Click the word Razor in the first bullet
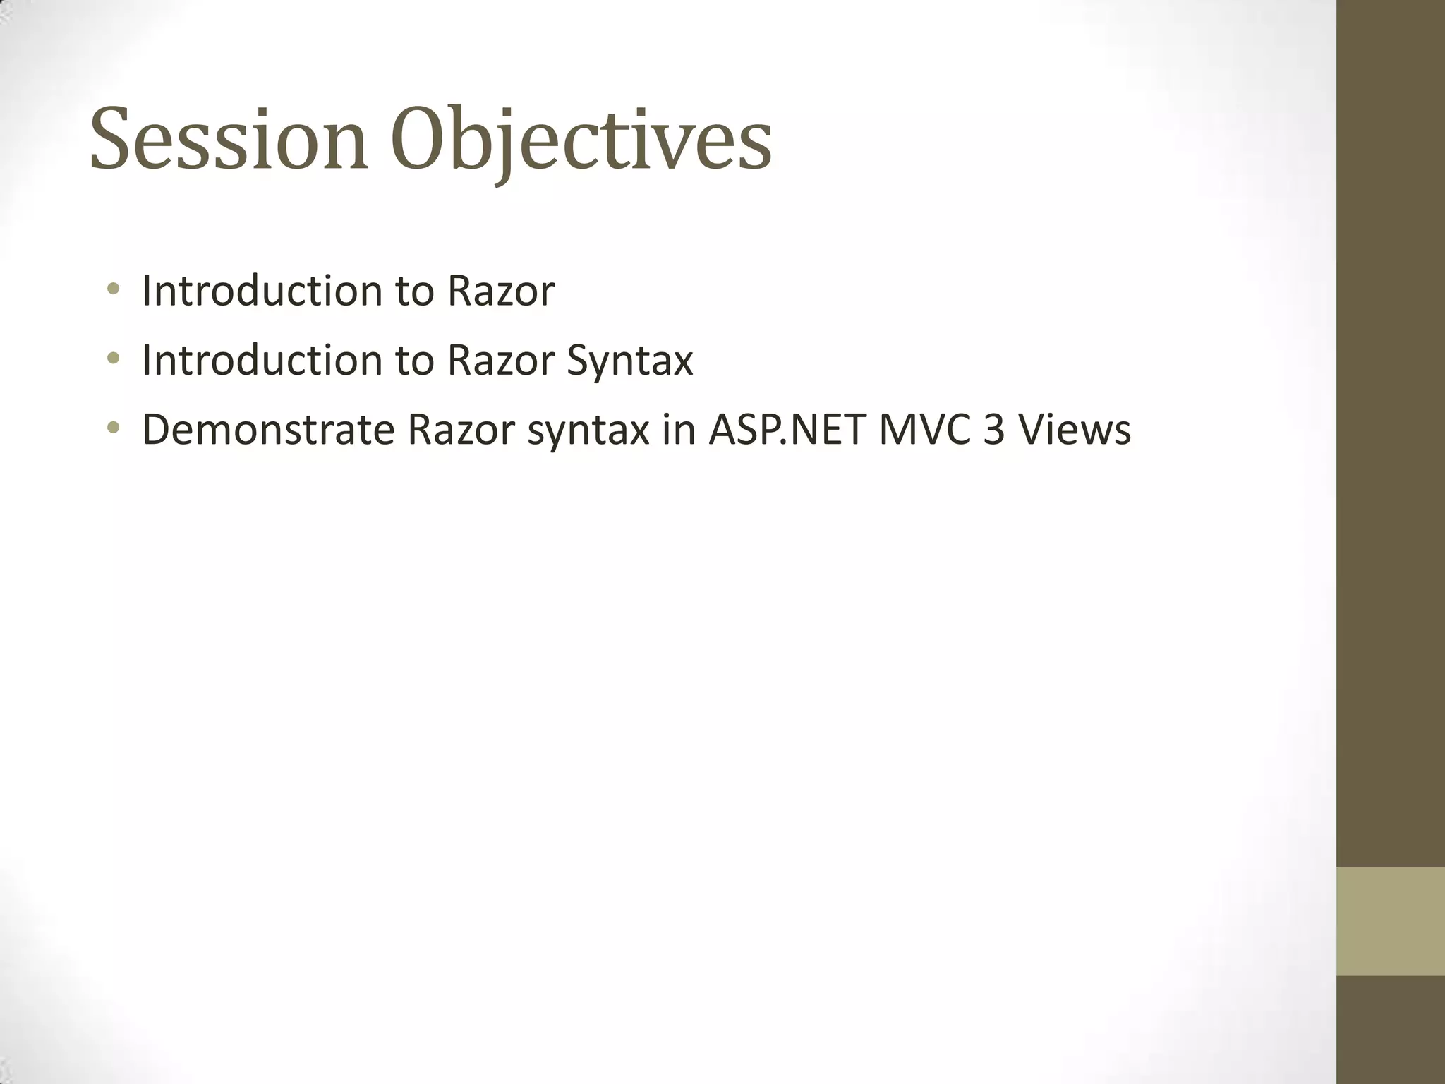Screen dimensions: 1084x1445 click(x=501, y=291)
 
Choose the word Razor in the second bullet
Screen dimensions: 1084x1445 click(x=501, y=360)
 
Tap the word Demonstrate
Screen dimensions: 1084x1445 click(x=268, y=430)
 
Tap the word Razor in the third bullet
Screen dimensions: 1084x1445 click(x=461, y=430)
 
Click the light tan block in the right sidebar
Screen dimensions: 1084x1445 click(x=1390, y=921)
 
